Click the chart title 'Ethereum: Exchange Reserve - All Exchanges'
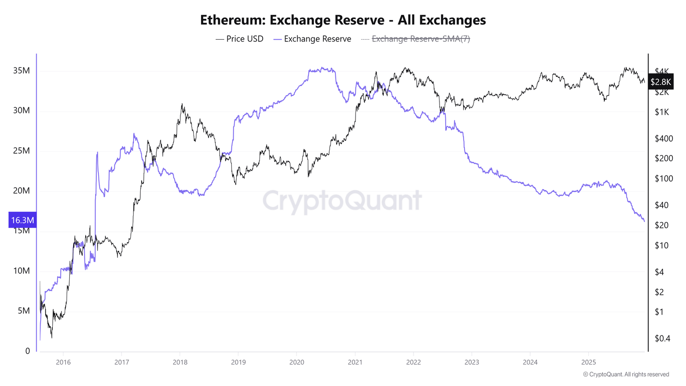[x=343, y=20]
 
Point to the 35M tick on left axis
[x=21, y=71]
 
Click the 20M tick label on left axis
[x=21, y=191]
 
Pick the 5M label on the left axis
[x=24, y=310]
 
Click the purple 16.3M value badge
[x=22, y=220]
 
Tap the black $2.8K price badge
[x=661, y=82]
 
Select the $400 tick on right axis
[x=664, y=138]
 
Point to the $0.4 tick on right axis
[x=662, y=338]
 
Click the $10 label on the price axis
[x=661, y=245]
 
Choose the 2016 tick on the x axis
[x=63, y=362]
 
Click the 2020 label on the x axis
[x=297, y=362]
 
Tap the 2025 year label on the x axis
[x=588, y=362]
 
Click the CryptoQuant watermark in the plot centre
[x=342, y=201]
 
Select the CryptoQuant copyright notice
[x=626, y=374]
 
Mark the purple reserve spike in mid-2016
[x=97, y=154]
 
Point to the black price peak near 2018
[x=182, y=105]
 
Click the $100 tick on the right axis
[x=664, y=179]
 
